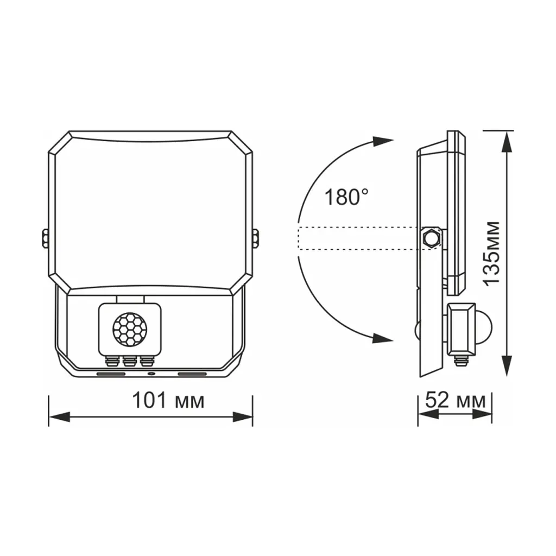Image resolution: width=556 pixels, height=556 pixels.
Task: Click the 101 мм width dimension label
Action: (x=168, y=400)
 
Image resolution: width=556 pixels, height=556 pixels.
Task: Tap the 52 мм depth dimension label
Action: (x=455, y=400)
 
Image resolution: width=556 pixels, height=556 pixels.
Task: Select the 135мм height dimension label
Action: (x=492, y=253)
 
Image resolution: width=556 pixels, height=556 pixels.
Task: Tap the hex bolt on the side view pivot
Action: (x=431, y=238)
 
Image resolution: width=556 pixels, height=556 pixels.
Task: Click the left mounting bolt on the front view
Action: (x=45, y=238)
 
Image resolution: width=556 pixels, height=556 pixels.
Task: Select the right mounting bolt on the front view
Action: (x=255, y=238)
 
